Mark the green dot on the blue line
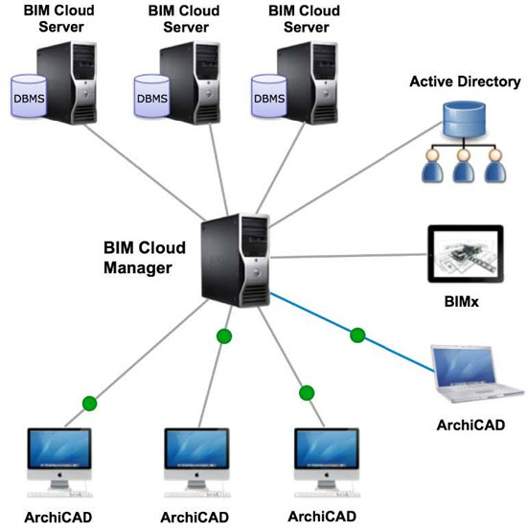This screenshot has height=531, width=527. (357, 335)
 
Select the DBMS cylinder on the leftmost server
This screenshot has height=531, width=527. (29, 96)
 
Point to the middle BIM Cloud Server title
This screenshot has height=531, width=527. (178, 18)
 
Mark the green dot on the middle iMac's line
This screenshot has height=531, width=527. (224, 336)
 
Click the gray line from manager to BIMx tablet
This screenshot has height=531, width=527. (345, 256)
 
